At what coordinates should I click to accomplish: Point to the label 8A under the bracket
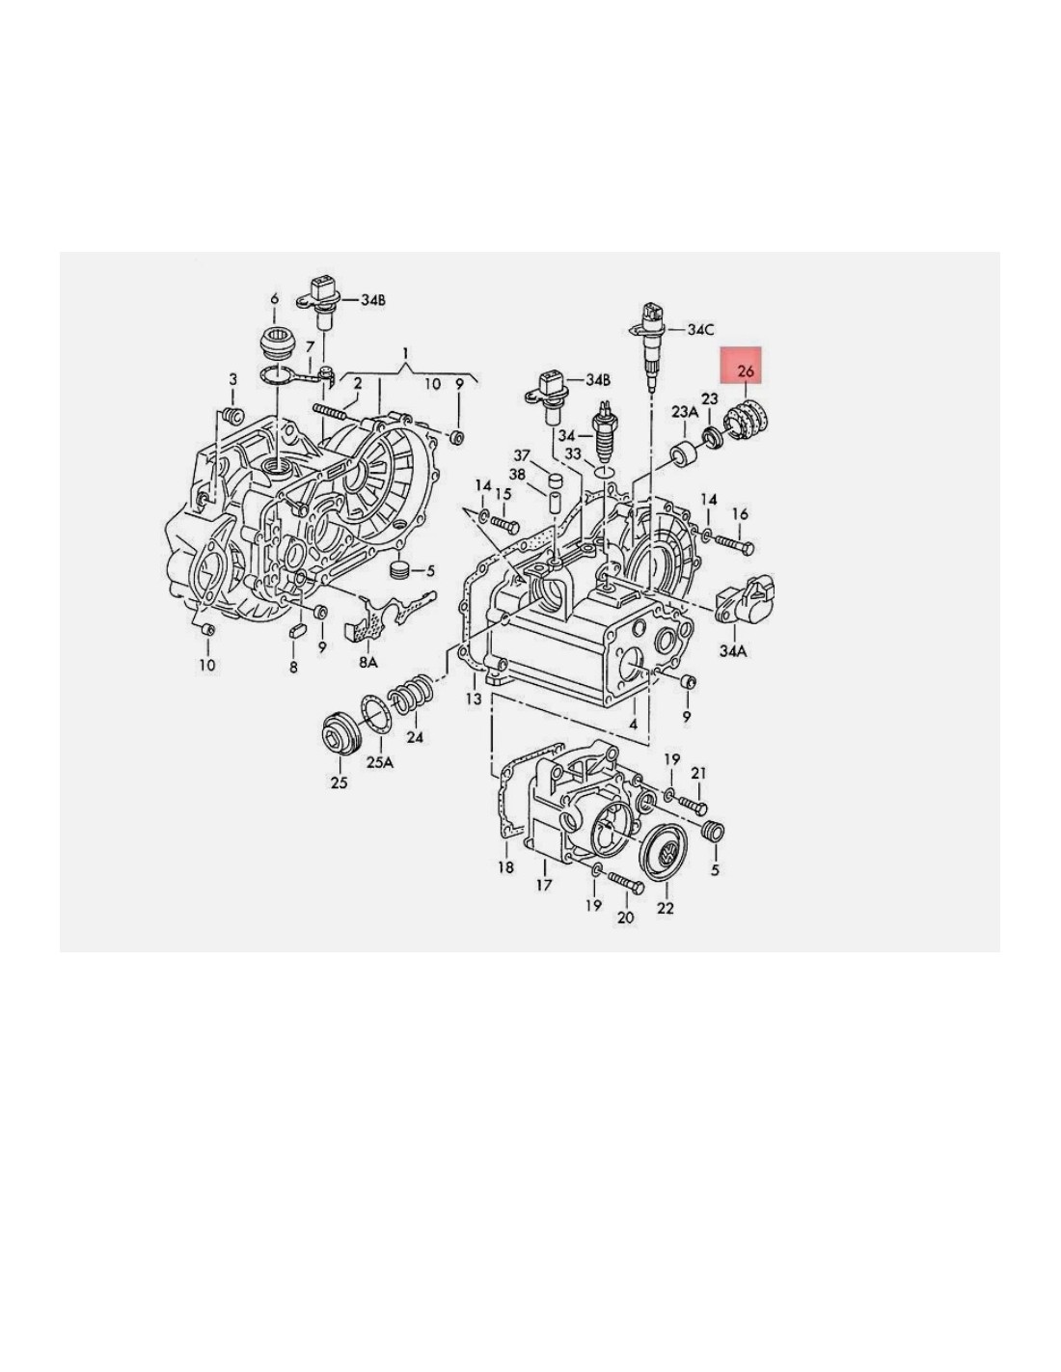367,662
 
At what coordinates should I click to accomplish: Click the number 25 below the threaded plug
339,782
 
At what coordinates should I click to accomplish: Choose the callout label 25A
380,762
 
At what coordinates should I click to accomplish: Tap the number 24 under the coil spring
415,736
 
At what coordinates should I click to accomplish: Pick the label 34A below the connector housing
733,651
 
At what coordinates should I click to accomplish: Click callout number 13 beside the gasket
474,699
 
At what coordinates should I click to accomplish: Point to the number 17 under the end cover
543,885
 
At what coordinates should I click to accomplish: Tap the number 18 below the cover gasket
506,867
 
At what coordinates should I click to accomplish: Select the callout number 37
522,455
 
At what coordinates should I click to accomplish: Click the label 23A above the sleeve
685,413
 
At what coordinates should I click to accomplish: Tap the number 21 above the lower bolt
698,773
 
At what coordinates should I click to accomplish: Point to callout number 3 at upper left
232,379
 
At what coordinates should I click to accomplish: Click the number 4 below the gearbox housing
633,724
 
